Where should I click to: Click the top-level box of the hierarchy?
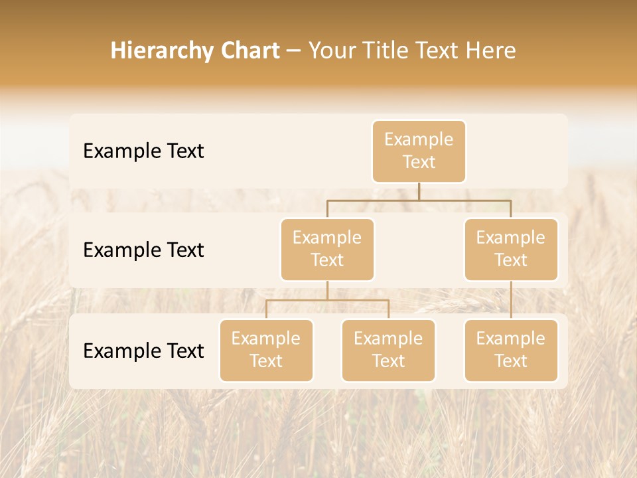[419, 151]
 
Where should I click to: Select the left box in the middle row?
[327, 250]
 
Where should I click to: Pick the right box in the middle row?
[511, 250]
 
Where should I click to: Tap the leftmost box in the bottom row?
[266, 351]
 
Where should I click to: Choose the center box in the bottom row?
[388, 351]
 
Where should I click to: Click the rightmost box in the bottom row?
[511, 351]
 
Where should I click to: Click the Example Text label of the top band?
[143, 151]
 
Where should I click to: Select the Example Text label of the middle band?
[143, 250]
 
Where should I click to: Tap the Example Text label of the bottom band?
[143, 351]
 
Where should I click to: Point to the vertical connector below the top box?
[419, 191]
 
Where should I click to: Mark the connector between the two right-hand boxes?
[511, 300]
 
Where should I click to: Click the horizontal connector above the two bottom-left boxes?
[327, 300]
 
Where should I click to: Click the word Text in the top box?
[419, 162]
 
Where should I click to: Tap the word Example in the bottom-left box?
[266, 339]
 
